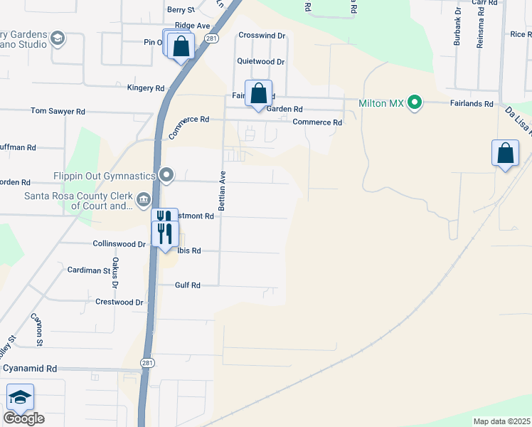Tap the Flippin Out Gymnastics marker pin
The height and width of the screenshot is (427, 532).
tap(166, 174)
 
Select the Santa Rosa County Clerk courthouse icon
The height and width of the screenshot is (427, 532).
tap(143, 199)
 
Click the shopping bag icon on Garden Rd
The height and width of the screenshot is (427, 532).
tap(257, 94)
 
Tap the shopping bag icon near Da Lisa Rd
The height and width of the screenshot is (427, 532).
tap(505, 153)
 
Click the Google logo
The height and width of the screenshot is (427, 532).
tap(23, 418)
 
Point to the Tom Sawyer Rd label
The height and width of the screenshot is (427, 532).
tap(58, 112)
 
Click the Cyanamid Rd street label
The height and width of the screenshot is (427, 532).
tap(30, 369)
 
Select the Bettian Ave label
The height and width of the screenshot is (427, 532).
tap(223, 191)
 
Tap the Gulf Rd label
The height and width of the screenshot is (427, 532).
tap(188, 285)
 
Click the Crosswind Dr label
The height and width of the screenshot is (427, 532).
tap(262, 35)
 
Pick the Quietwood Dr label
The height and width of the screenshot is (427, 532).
tap(261, 62)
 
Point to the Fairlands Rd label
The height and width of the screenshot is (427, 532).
tap(472, 103)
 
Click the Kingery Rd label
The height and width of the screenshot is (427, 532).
tap(145, 88)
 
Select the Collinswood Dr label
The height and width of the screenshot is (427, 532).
tap(119, 243)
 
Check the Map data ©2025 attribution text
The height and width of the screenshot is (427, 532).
tap(501, 421)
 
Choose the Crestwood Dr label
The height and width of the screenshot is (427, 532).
tap(119, 302)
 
